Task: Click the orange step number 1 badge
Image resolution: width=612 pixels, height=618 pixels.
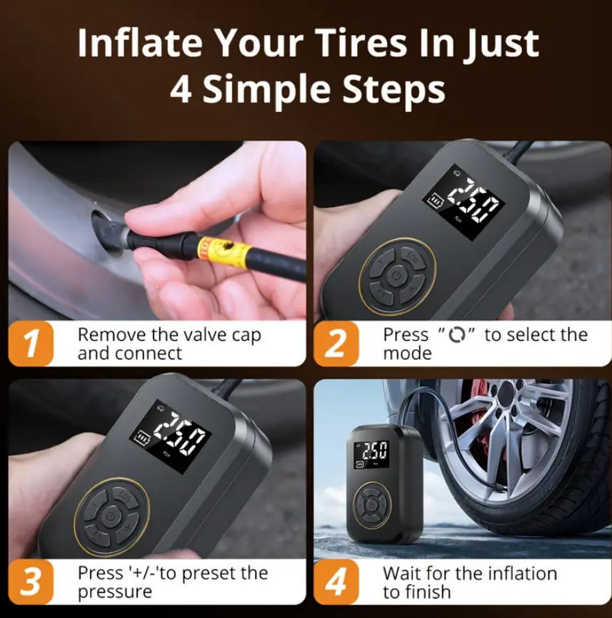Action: click(31, 344)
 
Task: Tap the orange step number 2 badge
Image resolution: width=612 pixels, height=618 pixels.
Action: click(336, 344)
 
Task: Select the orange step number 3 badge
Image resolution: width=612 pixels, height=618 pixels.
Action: click(31, 582)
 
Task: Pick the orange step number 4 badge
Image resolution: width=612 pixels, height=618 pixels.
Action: click(336, 582)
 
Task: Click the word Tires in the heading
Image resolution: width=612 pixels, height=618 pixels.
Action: click(362, 43)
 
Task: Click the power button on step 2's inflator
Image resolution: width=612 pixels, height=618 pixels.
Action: click(397, 275)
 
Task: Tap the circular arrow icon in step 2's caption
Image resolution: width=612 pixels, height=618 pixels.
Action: click(457, 335)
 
